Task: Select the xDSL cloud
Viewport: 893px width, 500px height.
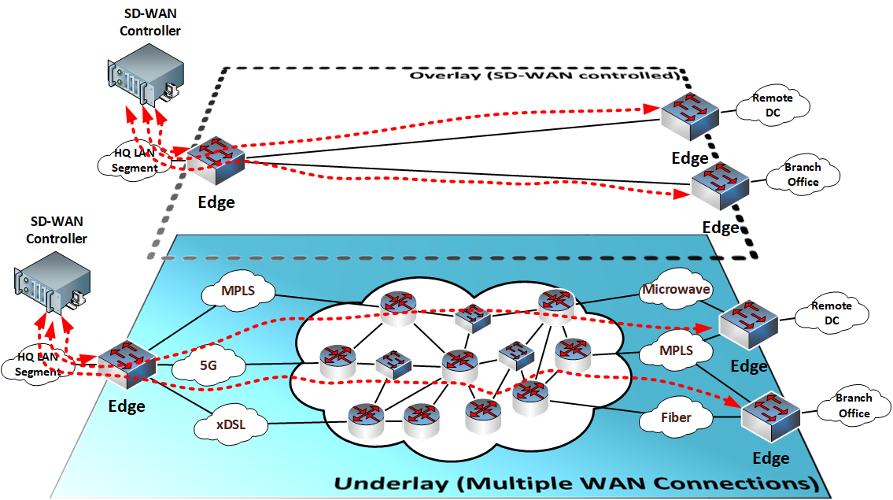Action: pos(230,426)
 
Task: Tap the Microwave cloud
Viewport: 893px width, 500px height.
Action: pos(677,290)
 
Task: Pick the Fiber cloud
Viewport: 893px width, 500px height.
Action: pos(676,417)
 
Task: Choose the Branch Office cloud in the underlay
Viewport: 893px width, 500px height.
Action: pos(852,407)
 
